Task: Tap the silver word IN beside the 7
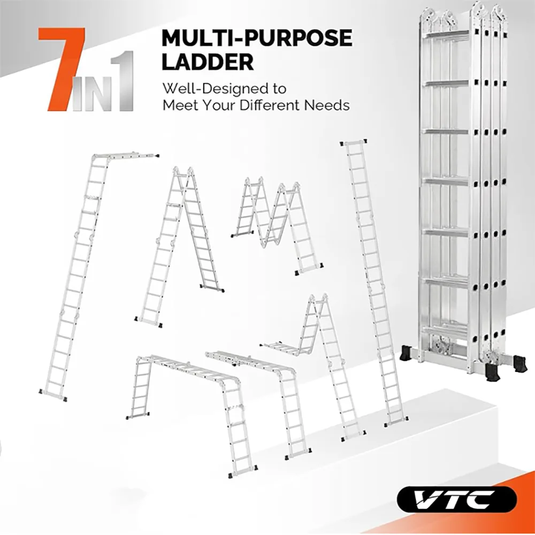point(90,94)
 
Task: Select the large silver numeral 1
point(121,81)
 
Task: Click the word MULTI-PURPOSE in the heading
point(257,38)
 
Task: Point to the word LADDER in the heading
point(208,62)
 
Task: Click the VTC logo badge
point(457,499)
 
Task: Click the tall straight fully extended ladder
point(374,283)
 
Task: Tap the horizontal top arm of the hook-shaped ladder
point(126,156)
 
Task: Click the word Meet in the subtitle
point(179,105)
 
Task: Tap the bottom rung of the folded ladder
point(445,328)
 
